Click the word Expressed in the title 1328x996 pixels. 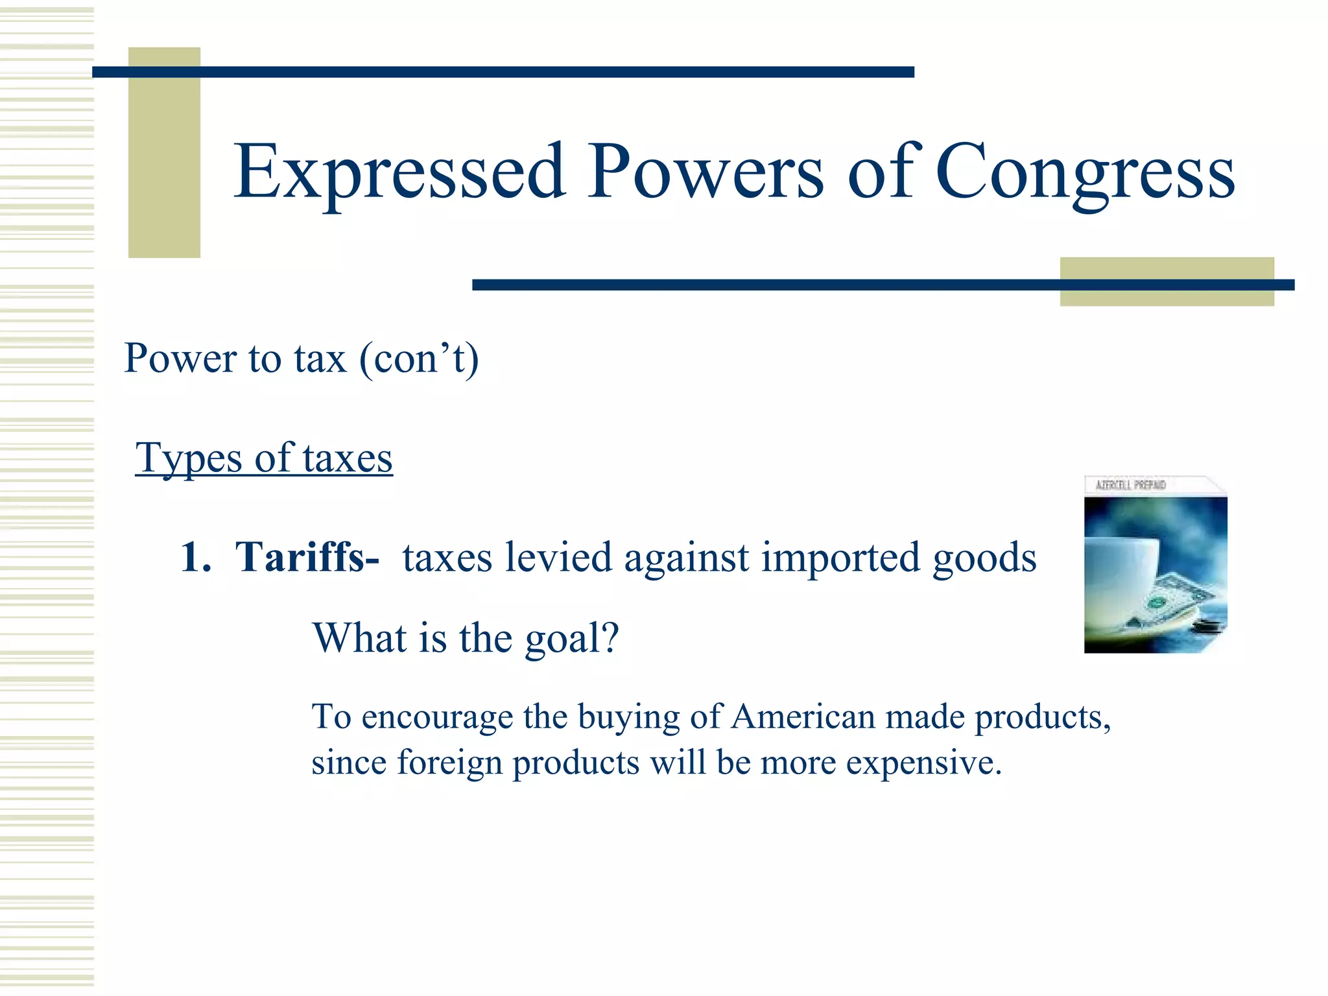(399, 172)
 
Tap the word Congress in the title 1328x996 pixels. (1085, 172)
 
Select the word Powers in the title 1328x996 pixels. (705, 172)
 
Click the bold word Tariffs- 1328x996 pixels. (307, 558)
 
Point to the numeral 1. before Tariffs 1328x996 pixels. (196, 558)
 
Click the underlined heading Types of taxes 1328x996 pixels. (264, 458)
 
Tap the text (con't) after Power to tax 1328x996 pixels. (419, 358)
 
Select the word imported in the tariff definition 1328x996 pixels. (840, 558)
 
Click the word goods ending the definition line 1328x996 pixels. (984, 558)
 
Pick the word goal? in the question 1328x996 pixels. (572, 638)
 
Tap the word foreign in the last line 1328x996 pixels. (449, 763)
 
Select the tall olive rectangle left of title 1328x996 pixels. (164, 152)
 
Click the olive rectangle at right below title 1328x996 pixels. (1167, 281)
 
